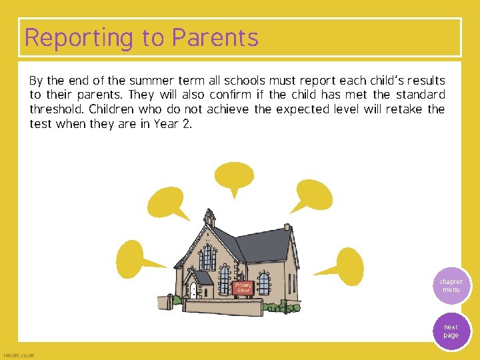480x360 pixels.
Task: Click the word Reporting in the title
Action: coord(79,38)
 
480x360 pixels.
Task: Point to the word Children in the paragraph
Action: coord(113,109)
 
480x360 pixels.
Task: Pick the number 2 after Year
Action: coord(187,124)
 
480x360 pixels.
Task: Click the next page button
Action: coord(451,331)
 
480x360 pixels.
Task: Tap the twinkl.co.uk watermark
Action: coord(19,355)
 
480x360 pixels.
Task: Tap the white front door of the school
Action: coord(193,290)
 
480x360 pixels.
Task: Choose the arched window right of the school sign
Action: coord(264,283)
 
